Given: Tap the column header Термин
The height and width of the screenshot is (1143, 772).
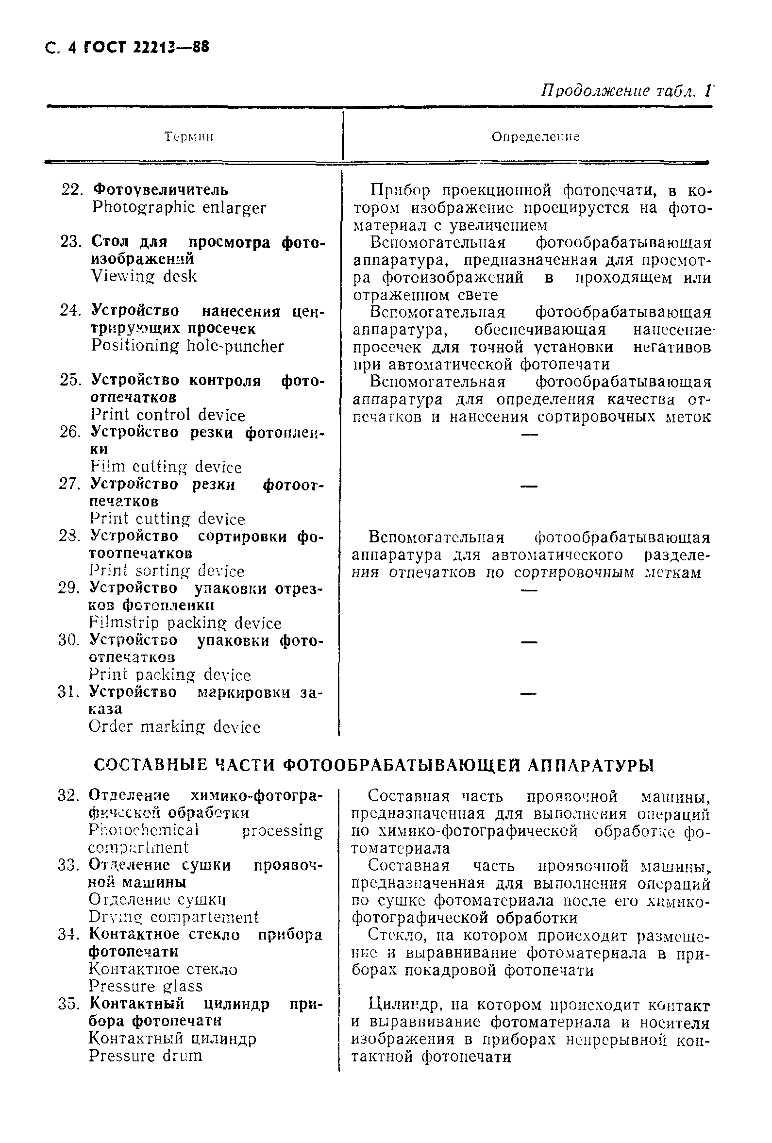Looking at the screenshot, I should click(189, 137).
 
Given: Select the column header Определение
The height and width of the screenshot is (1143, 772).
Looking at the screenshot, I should click(536, 137).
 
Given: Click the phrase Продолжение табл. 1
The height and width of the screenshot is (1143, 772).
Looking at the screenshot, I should click(626, 91).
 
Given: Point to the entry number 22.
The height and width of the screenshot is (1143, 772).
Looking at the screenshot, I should click(71, 190).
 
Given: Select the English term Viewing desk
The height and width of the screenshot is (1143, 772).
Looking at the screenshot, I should click(144, 276).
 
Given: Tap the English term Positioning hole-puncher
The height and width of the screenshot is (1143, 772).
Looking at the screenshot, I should click(187, 346).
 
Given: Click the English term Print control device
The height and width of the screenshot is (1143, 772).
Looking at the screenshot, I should click(168, 415).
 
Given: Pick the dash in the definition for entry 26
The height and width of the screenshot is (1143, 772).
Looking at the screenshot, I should click(529, 434).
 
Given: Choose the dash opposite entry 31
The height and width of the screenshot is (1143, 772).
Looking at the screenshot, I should click(529, 694).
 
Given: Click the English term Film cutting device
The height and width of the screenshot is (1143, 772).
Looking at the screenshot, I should click(166, 467).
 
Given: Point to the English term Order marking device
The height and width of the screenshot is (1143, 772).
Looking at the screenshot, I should click(175, 727).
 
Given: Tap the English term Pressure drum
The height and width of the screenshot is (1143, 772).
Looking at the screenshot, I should click(146, 1056).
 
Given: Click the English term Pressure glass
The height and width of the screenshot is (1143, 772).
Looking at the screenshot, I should click(146, 986).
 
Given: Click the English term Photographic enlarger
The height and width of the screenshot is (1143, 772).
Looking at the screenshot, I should click(179, 207).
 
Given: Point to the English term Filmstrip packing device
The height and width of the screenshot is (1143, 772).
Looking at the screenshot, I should click(185, 623).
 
